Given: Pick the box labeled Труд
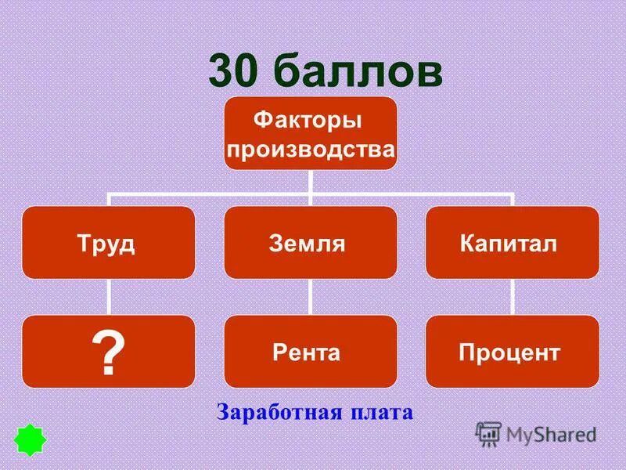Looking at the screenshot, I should pyautogui.click(x=108, y=243).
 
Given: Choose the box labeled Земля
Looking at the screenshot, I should pyautogui.click(x=311, y=243).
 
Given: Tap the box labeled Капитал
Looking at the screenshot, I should pyautogui.click(x=513, y=243).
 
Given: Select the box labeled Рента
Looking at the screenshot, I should pyautogui.click(x=311, y=352).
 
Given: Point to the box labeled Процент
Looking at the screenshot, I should pyautogui.click(x=513, y=352).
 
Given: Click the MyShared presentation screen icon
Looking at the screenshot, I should pyautogui.click(x=488, y=433).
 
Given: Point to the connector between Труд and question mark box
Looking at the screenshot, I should pyautogui.click(x=108, y=297).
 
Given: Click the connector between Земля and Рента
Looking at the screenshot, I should pyautogui.click(x=311, y=297).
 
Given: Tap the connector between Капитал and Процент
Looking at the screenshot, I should pyautogui.click(x=513, y=297).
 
